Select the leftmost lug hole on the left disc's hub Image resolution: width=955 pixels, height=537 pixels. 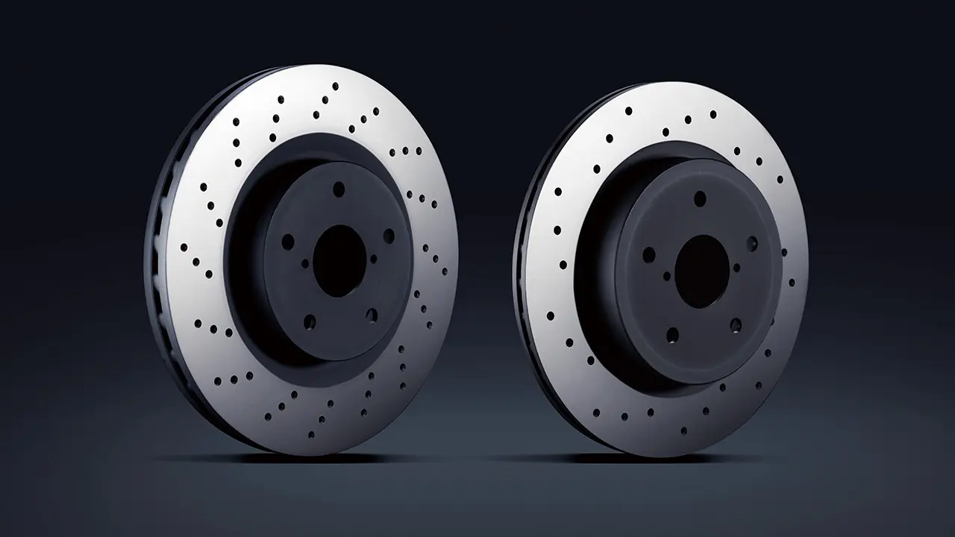coord(287,242)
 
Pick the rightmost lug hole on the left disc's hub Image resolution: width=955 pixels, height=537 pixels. coord(389,236)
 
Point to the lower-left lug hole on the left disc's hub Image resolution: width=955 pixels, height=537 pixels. coord(309,322)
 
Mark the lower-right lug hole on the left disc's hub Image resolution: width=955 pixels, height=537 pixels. coord(372,315)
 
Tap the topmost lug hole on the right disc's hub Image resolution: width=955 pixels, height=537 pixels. coord(700,198)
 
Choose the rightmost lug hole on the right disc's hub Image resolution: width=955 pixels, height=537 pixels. coord(751,244)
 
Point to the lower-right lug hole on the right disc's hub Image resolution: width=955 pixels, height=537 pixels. coord(736,324)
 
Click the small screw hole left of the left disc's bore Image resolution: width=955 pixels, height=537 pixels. coord(304,263)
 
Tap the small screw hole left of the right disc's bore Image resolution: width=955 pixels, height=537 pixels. coord(667,275)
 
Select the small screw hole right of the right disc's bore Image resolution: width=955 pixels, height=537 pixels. coord(737,267)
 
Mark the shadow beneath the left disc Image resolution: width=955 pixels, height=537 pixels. coord(246,456)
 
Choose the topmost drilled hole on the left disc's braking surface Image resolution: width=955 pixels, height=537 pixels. coord(335,86)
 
